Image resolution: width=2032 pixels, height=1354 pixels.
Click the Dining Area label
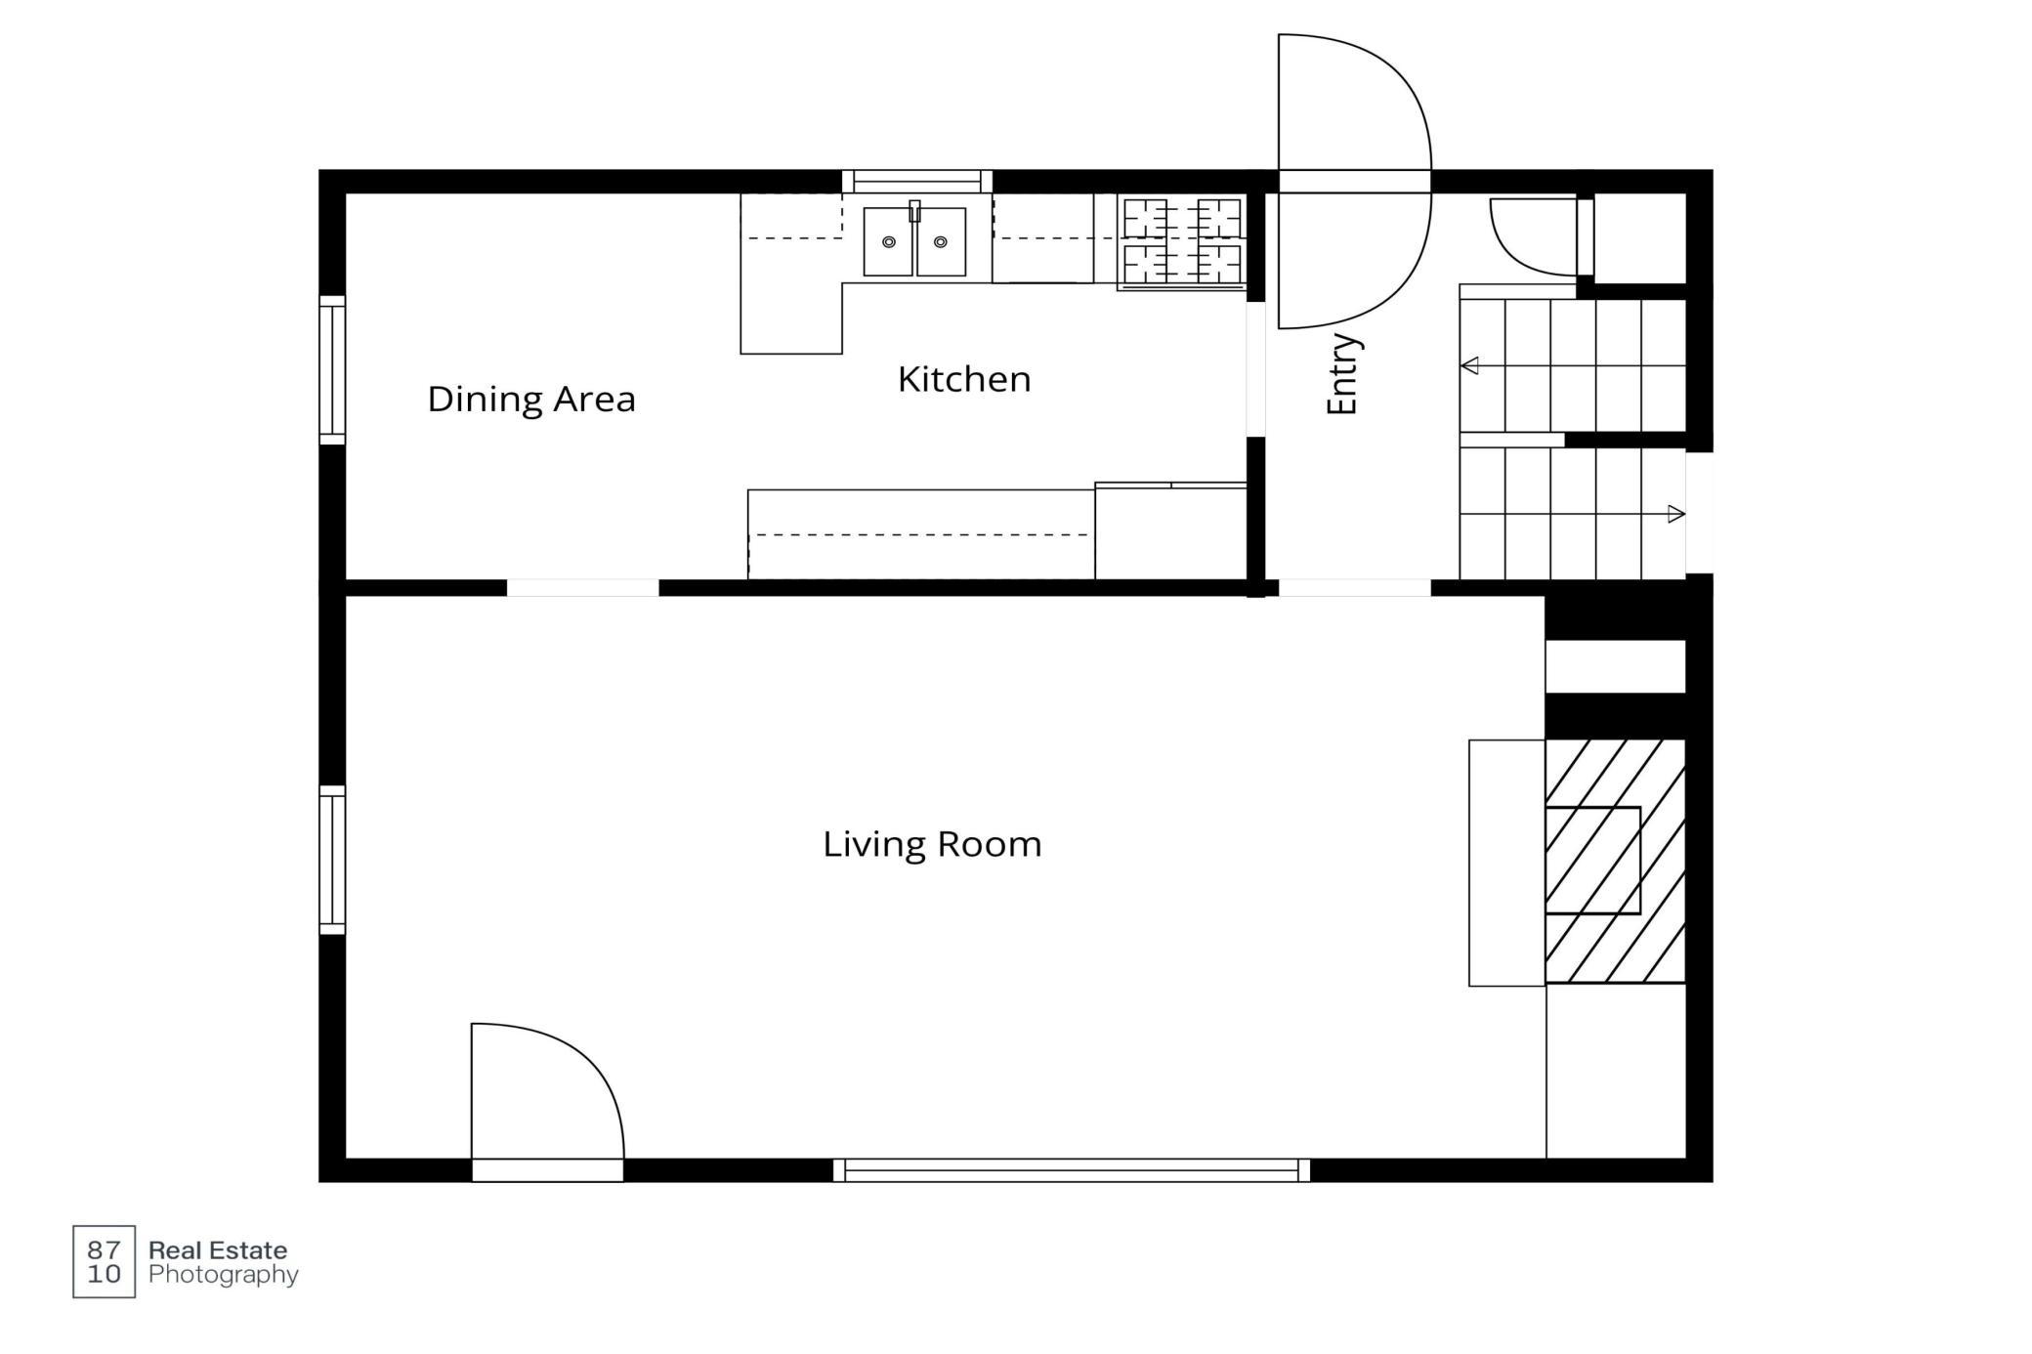point(531,400)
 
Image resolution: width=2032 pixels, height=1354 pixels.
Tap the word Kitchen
point(964,379)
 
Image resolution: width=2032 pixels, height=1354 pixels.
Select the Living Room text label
point(932,844)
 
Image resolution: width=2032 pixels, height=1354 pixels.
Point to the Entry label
point(1343,374)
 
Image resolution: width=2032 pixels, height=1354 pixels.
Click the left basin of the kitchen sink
point(888,241)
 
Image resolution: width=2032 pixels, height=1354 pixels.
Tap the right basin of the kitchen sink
point(941,241)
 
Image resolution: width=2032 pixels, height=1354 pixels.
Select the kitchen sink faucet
point(915,211)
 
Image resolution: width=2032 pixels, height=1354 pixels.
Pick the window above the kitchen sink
point(917,181)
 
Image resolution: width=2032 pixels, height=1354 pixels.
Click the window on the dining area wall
point(332,370)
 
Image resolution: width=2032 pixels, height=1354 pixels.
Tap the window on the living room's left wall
point(332,860)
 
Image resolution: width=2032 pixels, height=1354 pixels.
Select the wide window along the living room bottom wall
point(1072,1170)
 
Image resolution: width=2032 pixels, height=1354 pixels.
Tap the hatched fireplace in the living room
point(1615,861)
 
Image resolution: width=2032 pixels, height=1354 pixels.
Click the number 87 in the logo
point(104,1249)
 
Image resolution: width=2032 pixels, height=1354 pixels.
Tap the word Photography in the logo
point(224,1275)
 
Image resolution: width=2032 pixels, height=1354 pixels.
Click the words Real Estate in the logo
point(218,1250)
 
